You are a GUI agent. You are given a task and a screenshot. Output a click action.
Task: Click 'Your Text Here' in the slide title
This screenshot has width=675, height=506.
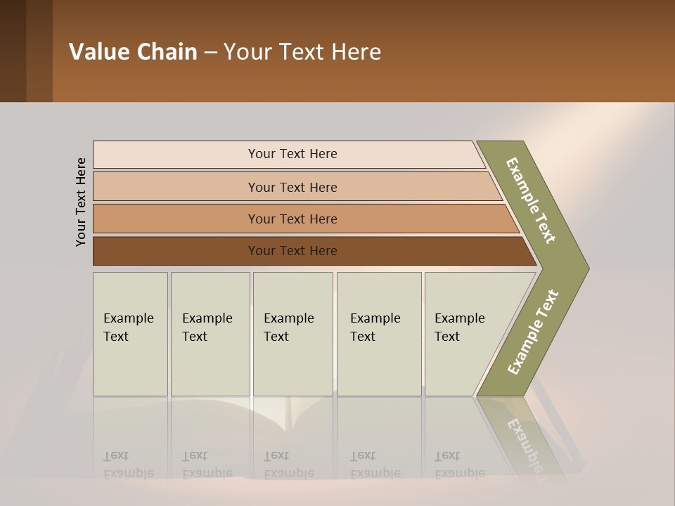[302, 52]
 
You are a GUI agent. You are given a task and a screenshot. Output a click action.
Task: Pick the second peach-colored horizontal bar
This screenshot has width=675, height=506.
[292, 187]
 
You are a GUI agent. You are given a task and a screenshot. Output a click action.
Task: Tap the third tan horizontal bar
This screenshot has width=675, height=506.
[292, 219]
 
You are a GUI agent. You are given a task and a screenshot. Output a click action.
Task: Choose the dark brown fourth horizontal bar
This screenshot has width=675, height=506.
[292, 251]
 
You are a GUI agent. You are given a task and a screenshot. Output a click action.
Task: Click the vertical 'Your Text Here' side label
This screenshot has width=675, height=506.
[81, 202]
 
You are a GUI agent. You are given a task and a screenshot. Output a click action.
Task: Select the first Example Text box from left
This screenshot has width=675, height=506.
[130, 334]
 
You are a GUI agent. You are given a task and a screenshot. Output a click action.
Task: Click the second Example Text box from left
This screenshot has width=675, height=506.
[210, 334]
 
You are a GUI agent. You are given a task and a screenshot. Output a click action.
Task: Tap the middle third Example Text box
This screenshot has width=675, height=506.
[292, 334]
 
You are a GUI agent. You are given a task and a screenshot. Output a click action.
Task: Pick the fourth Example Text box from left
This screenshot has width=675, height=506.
[378, 334]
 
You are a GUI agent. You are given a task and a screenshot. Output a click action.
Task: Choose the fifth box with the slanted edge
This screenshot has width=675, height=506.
[464, 334]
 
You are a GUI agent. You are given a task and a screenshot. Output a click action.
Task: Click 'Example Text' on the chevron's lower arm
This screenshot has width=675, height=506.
[533, 332]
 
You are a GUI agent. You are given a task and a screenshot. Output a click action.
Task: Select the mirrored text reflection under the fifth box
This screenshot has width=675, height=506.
[459, 465]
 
